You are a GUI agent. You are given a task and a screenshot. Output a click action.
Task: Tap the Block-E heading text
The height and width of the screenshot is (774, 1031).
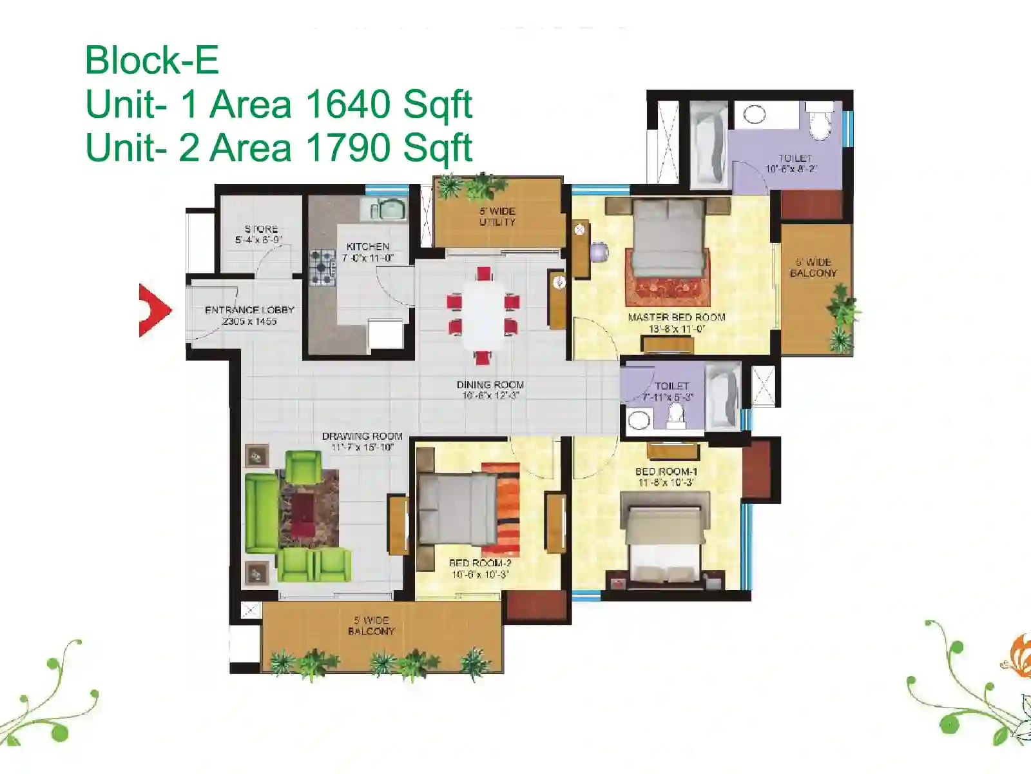pyautogui.click(x=151, y=60)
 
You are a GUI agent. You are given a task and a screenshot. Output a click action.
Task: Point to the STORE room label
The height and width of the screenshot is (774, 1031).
pyautogui.click(x=261, y=229)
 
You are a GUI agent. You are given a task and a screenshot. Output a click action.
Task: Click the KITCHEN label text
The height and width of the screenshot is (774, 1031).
pyautogui.click(x=368, y=246)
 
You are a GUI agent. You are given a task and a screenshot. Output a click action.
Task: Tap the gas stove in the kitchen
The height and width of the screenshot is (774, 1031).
pyautogui.click(x=323, y=267)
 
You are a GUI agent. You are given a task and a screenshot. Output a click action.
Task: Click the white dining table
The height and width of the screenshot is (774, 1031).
pyautogui.click(x=484, y=315)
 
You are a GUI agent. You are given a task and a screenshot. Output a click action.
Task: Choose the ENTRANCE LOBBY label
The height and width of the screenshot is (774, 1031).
pyautogui.click(x=249, y=310)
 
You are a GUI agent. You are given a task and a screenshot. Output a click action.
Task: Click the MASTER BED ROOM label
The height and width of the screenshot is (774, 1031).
pyautogui.click(x=677, y=317)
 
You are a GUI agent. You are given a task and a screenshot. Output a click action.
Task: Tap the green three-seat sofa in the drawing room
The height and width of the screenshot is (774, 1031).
pyautogui.click(x=261, y=513)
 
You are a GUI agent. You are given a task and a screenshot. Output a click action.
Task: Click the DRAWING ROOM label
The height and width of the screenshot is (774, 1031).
pyautogui.click(x=362, y=436)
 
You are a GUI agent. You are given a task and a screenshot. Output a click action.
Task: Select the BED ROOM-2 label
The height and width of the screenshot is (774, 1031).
pyautogui.click(x=480, y=563)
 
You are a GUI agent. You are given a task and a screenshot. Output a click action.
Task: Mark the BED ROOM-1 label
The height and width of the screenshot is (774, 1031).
pyautogui.click(x=666, y=471)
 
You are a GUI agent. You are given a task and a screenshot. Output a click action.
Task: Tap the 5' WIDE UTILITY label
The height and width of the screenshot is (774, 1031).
pyautogui.click(x=497, y=216)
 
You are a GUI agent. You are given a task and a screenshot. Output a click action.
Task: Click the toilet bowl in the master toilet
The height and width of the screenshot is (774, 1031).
pyautogui.click(x=819, y=122)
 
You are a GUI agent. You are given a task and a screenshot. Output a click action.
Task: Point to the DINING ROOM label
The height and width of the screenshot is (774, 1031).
pyautogui.click(x=490, y=384)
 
